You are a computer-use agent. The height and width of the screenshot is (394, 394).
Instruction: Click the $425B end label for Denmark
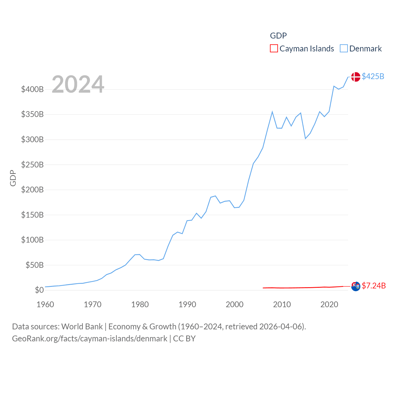[x=373, y=76]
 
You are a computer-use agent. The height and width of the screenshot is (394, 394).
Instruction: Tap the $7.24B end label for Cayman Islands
[x=374, y=286]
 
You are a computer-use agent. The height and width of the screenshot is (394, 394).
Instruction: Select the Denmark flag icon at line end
[x=356, y=77]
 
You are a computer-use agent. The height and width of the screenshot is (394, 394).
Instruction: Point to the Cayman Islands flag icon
[x=356, y=286]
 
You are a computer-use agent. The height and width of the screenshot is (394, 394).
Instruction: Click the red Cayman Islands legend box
[x=274, y=49]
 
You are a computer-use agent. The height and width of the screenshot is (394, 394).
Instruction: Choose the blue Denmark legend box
[x=344, y=49]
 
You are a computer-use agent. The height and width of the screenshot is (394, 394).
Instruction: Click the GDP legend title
[x=278, y=36]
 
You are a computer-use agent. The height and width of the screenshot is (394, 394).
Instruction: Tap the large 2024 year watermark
[x=78, y=84]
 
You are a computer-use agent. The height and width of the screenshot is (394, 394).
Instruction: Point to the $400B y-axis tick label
[x=32, y=89]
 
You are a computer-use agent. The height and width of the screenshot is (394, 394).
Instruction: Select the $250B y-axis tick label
[x=32, y=165]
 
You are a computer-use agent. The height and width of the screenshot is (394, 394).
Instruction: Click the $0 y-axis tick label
[x=39, y=290]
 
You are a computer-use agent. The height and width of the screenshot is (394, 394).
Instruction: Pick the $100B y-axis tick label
[x=32, y=240]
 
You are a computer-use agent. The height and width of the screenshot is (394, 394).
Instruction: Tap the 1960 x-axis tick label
[x=45, y=304]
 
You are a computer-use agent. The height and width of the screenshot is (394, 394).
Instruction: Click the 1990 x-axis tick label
[x=187, y=304]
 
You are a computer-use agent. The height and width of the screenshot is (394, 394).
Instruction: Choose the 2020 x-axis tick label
[x=329, y=304]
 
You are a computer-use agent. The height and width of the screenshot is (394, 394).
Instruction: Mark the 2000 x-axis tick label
[x=235, y=304]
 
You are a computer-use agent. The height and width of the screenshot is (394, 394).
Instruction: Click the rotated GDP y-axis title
[x=13, y=178]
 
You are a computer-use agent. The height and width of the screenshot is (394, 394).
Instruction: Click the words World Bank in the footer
[x=82, y=326]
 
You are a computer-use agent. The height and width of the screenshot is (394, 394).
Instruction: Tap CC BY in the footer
[x=184, y=339]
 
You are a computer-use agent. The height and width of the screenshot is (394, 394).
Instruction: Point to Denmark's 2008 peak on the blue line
[x=272, y=112]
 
